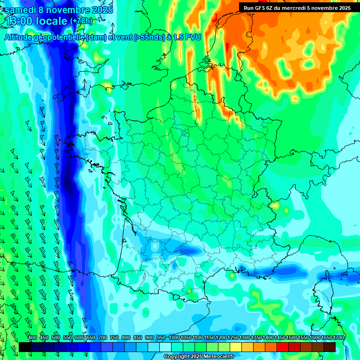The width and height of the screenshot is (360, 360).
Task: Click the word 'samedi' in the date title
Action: (x=22, y=10)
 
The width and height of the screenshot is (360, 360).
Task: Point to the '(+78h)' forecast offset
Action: (x=82, y=21)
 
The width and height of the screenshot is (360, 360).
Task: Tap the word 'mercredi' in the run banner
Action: (x=297, y=8)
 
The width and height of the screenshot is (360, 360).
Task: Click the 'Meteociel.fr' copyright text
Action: (x=216, y=357)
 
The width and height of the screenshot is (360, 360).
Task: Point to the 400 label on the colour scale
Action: (x=32, y=338)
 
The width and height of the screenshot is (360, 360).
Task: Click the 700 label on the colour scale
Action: (x=103, y=338)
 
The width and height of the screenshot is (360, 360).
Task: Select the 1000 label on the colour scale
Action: (x=174, y=338)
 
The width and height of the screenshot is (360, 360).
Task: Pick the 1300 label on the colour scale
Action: (x=245, y=338)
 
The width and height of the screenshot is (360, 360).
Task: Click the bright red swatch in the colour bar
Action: (x=283, y=347)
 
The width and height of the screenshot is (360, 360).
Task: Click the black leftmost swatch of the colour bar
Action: (x=25, y=347)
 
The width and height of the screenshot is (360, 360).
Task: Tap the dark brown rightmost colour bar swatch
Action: (x=330, y=347)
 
